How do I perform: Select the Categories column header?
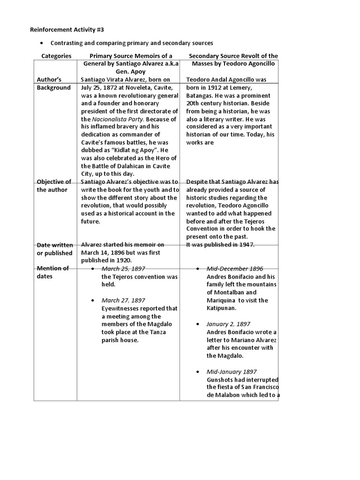[56, 56]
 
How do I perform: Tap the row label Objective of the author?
[54, 186]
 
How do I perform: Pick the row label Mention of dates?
[52, 272]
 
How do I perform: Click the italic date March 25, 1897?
[123, 269]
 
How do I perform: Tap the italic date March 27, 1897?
[123, 300]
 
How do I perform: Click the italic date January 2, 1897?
[228, 324]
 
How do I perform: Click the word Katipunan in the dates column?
[223, 308]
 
